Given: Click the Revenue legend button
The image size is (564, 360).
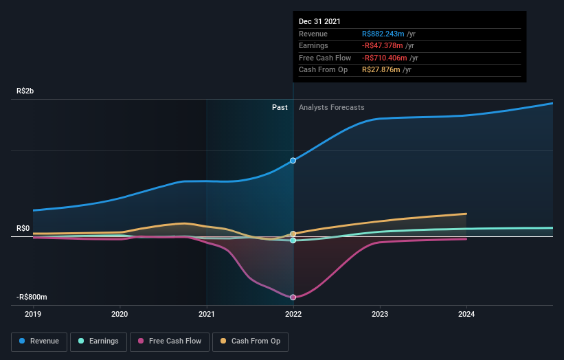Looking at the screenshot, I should tap(39, 341).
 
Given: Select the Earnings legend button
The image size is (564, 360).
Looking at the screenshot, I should tap(98, 341).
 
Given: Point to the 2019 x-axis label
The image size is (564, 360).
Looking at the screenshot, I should tap(33, 314).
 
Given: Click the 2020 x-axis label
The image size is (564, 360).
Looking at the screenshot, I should tap(120, 314).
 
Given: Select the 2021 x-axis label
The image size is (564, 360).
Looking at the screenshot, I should tap(207, 314).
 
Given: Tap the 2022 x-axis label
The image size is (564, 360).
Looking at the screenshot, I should tap(293, 314).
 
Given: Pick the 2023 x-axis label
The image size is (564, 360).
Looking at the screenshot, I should tap(380, 314).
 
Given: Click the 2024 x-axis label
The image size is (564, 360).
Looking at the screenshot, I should tap(466, 314).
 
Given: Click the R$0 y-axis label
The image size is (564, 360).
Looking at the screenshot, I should tap(24, 228).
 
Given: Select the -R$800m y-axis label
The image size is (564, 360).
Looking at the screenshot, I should tap(32, 297).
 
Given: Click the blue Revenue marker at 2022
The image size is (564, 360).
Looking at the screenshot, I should tap(293, 160).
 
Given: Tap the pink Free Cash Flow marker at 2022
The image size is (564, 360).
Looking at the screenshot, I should tap(293, 297).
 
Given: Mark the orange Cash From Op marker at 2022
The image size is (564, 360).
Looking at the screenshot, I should tap(293, 234).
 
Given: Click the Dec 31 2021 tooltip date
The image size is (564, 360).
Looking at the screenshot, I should tap(319, 22).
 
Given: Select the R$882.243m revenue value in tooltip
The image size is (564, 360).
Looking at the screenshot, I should tap(383, 34).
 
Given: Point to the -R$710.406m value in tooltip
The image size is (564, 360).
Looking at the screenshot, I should tap(386, 58).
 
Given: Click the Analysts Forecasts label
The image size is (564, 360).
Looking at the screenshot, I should tap(331, 107).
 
